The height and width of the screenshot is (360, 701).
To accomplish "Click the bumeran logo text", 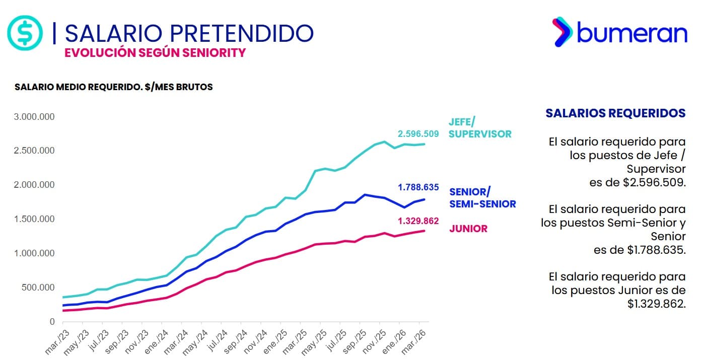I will tap(632, 33).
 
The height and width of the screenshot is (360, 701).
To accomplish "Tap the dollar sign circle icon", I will tap(25, 33).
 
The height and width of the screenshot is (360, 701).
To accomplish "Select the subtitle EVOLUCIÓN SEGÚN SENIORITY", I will tap(155, 52).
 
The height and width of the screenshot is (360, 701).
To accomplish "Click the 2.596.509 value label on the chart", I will tap(418, 134).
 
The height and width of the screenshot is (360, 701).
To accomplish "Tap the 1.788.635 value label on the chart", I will tap(418, 187).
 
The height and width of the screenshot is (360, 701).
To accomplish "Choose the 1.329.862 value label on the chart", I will tap(418, 221).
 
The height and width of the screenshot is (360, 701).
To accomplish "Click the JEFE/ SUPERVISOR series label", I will tap(479, 128).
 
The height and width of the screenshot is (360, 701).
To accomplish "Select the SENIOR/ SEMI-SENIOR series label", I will tap(482, 198).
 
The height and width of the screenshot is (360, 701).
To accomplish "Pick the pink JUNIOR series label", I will tap(468, 229).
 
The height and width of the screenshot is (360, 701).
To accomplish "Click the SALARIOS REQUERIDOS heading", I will tap(615, 113).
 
